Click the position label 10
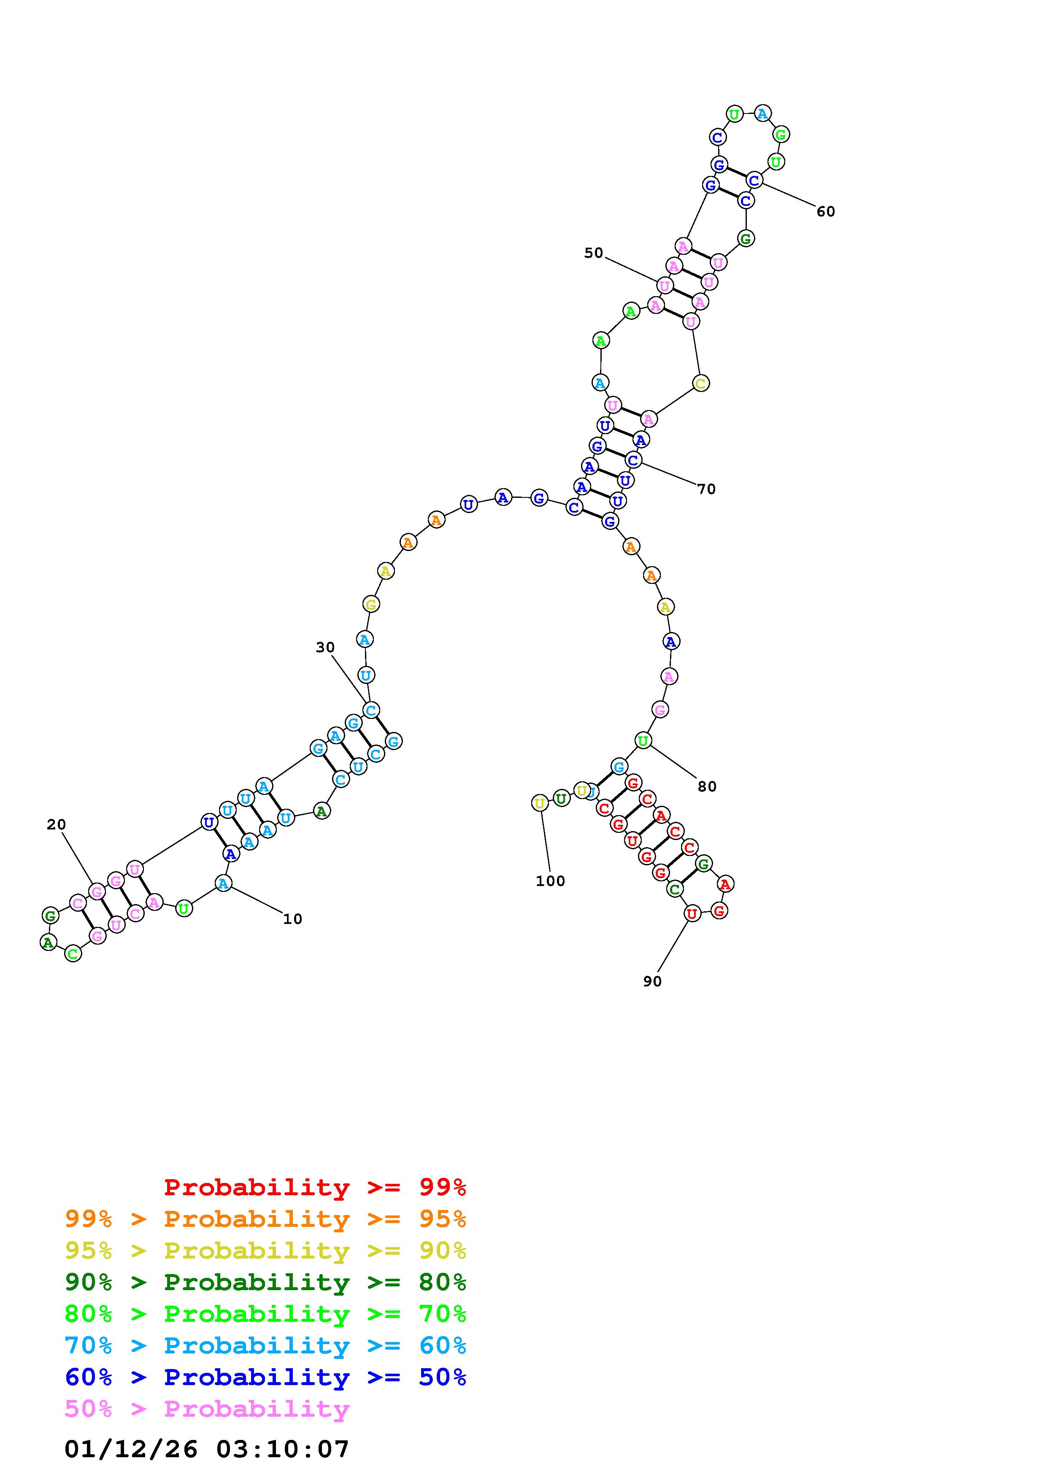[292, 919]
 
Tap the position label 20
[57, 824]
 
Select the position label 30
[325, 647]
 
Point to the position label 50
[594, 253]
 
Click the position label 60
[826, 211]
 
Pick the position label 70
[706, 489]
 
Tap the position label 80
[707, 786]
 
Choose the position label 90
[652, 981]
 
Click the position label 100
[550, 881]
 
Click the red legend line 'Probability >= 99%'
[315, 1187]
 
